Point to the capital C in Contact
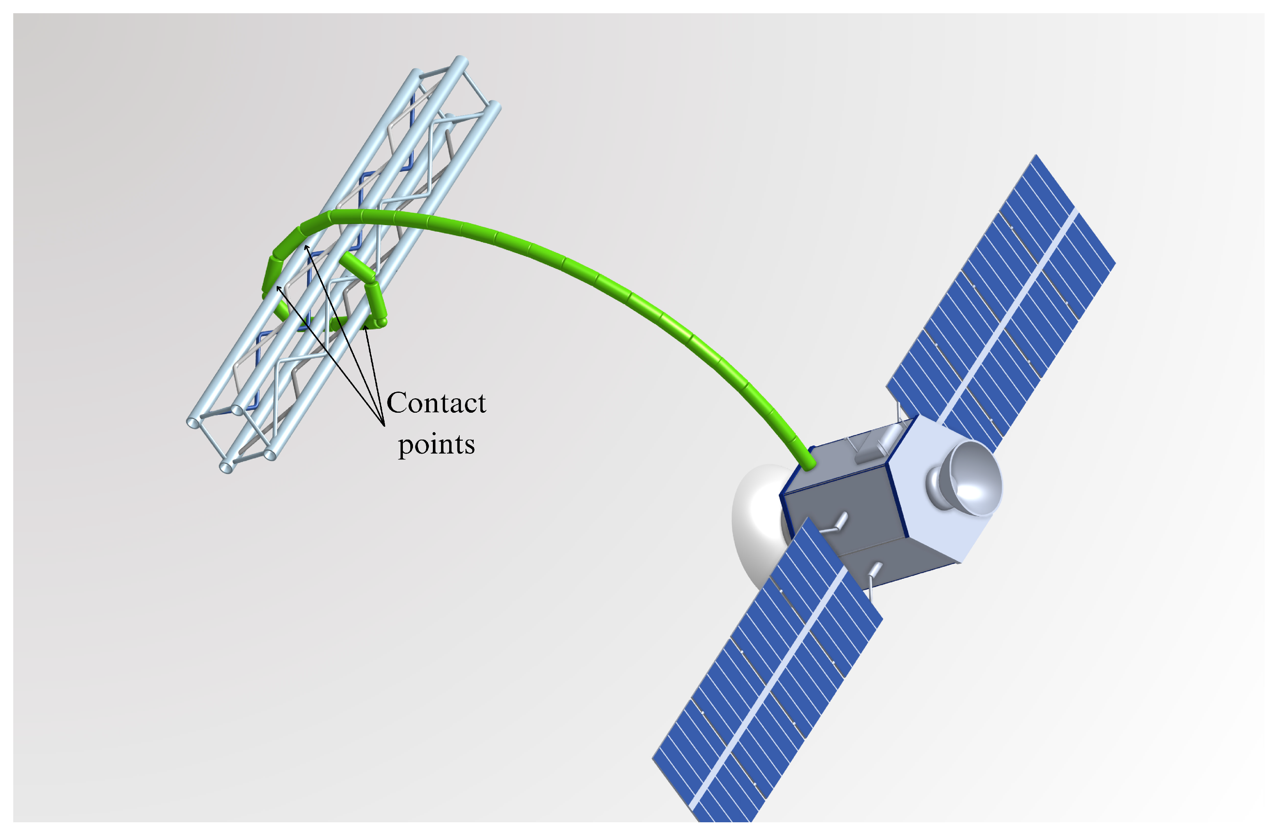pos(397,403)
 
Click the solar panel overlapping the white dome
pos(771,669)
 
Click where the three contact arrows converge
pos(384,426)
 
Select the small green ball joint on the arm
pos(381,322)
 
